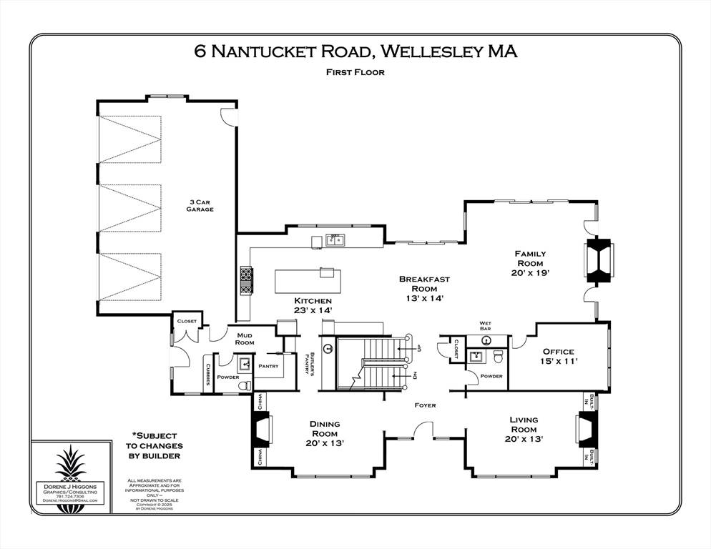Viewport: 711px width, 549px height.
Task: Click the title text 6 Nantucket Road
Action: [x=283, y=51]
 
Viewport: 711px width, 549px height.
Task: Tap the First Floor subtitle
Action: [x=355, y=71]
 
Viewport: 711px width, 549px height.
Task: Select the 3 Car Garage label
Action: [x=200, y=206]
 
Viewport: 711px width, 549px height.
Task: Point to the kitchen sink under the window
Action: [x=333, y=240]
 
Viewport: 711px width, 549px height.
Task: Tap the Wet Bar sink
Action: [x=485, y=340]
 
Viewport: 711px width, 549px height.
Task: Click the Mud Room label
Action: [x=245, y=337]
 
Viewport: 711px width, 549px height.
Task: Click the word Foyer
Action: [x=425, y=405]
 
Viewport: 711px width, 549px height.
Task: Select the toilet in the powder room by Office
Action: [x=499, y=357]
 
